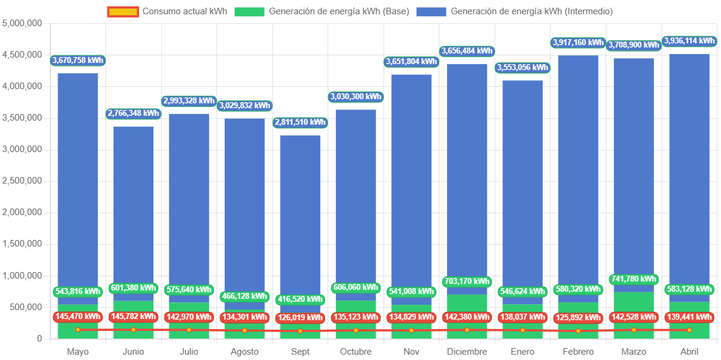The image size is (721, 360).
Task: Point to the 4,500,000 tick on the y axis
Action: [22, 55]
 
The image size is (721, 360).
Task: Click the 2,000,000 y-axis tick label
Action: [22, 212]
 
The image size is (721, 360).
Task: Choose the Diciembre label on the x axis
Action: [467, 352]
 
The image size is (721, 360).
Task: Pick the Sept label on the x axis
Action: [300, 352]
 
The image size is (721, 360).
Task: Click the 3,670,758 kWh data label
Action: [78, 60]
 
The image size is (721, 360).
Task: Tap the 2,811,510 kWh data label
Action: [300, 122]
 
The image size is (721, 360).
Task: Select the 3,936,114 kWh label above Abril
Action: [689, 41]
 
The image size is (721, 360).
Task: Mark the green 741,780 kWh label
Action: [634, 279]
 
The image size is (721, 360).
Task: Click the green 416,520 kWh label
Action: [300, 299]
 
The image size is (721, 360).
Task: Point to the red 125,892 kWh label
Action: [578, 317]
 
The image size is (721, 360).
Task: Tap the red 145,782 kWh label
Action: [133, 317]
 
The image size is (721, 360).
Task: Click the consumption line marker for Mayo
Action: [78, 330]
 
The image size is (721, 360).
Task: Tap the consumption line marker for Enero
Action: [522, 330]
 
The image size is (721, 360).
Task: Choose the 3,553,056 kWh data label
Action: [522, 67]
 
